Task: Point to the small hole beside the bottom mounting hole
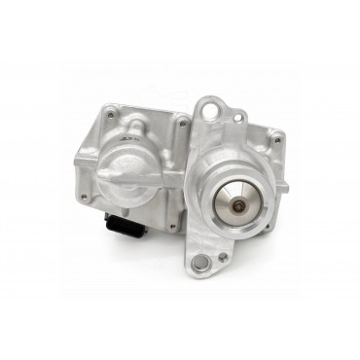[x=224, y=256]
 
